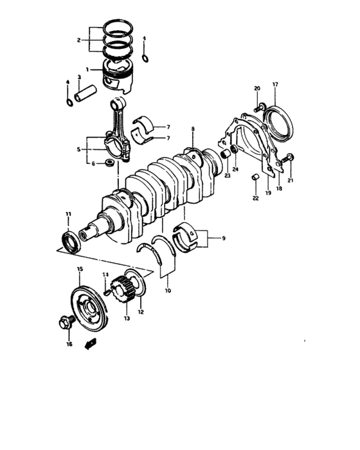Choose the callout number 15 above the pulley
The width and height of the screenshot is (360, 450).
coord(80,269)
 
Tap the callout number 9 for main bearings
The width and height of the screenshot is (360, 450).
coord(224,239)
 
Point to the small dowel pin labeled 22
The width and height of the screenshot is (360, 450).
coord(255,177)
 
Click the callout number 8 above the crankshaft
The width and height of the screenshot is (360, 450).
coord(192,130)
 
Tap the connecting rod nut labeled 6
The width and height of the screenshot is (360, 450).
coord(111,163)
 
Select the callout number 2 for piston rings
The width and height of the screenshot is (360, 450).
coord(78,40)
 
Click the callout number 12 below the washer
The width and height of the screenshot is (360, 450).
coord(141,313)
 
